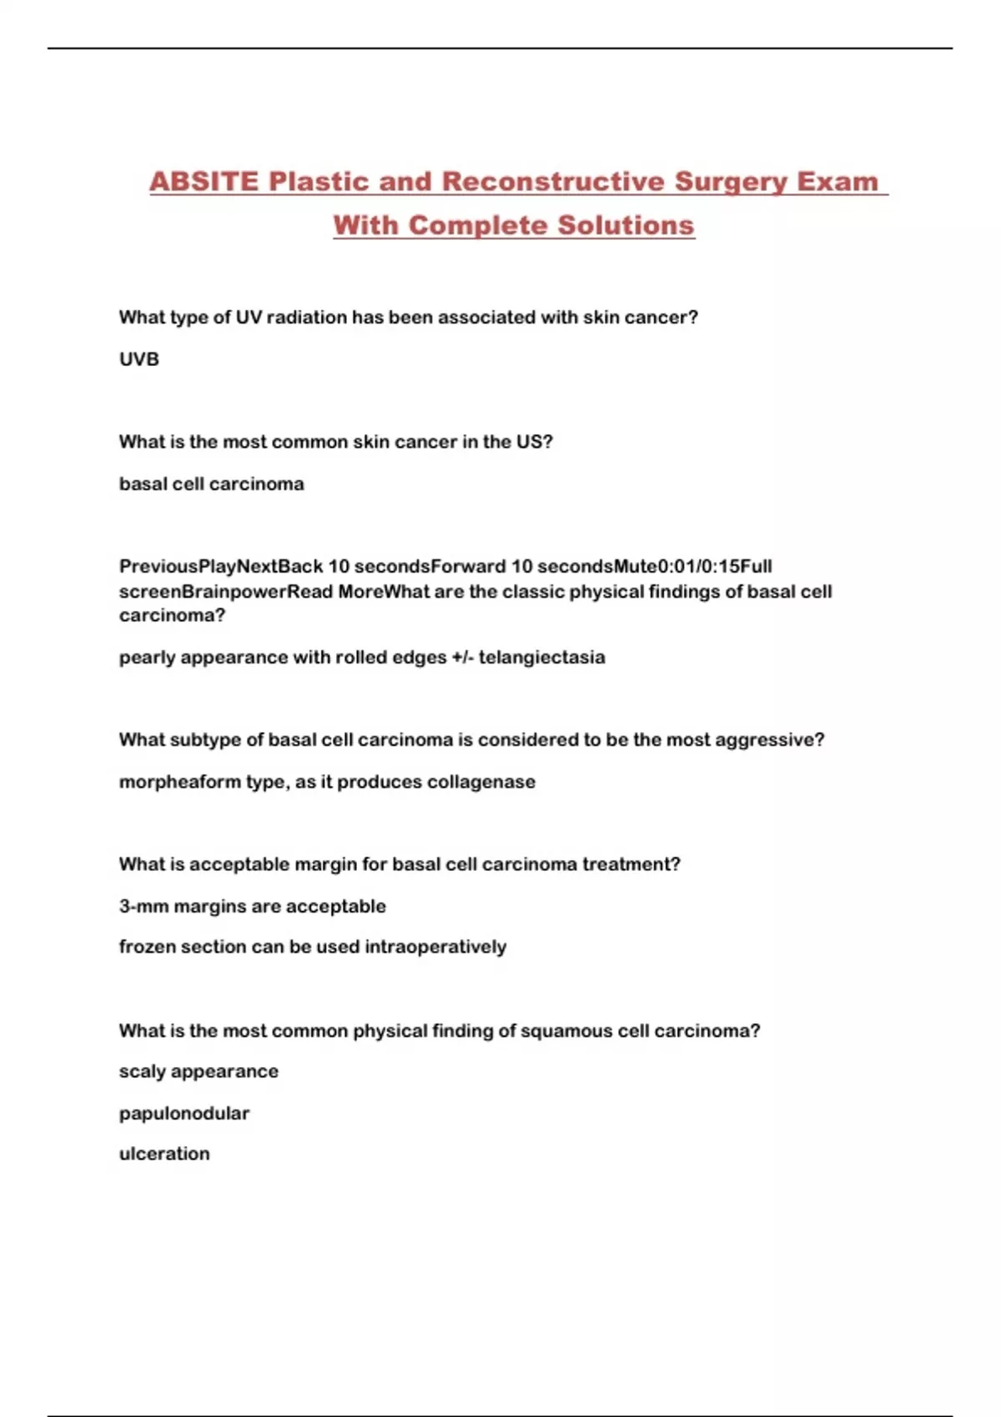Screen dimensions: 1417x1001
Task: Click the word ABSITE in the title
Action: pos(204,182)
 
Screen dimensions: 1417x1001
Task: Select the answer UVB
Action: pos(138,359)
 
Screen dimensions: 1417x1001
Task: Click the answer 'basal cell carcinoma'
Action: pos(211,484)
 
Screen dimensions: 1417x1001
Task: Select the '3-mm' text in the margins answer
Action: pos(143,906)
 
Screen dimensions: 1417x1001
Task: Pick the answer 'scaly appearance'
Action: pos(199,1071)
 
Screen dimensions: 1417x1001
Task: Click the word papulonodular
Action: pos(184,1114)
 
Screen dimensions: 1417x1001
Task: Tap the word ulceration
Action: pos(164,1154)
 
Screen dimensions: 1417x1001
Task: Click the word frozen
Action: pos(146,947)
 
